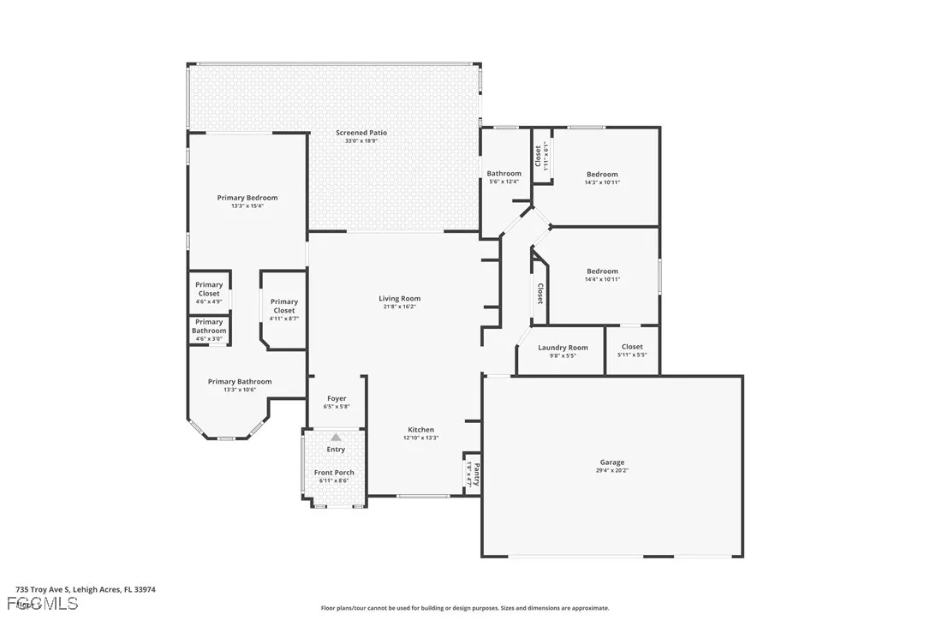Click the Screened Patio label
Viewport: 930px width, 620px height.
click(361, 133)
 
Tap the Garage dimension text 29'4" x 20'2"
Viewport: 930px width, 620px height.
click(611, 470)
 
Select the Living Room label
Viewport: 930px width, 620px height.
click(399, 299)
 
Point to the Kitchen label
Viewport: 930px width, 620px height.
click(420, 430)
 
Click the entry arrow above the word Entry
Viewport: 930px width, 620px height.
click(336, 437)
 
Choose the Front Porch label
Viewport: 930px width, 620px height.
click(334, 473)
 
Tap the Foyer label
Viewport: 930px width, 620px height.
click(337, 398)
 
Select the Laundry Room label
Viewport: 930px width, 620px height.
click(563, 348)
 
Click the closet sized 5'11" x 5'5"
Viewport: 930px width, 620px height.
click(632, 350)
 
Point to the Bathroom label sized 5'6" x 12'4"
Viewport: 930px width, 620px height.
click(504, 174)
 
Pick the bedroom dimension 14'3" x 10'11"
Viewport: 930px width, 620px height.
click(602, 182)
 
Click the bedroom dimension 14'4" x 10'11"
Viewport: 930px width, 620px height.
click(602, 279)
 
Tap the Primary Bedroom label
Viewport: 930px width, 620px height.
click(247, 198)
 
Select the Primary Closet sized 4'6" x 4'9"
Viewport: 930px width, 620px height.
click(209, 293)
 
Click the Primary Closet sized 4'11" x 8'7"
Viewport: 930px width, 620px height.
click(283, 309)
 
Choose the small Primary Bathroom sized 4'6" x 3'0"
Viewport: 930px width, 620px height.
click(209, 330)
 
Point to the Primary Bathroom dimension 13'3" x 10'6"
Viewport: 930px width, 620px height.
click(240, 390)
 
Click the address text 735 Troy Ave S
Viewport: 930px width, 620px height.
click(48, 589)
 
